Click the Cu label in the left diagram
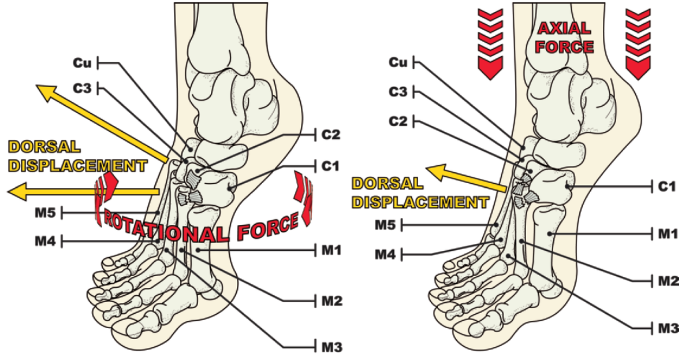tap(82, 63)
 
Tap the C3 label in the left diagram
tap(82, 88)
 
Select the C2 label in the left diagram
tap(331, 135)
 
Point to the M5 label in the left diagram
tap(45, 213)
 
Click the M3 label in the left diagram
tap(332, 347)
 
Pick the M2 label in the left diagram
tap(332, 301)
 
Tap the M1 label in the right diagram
tap(668, 234)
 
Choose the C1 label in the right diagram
tap(667, 187)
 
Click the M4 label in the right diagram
tap(386, 255)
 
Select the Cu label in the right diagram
tap(398, 63)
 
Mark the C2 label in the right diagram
tap(398, 121)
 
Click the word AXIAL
tap(565, 29)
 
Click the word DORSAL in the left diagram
tap(44, 147)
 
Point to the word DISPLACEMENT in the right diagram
tap(421, 202)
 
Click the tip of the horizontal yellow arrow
tap(8, 192)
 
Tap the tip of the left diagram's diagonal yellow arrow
tap(36, 86)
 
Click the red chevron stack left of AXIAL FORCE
tap(490, 44)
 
